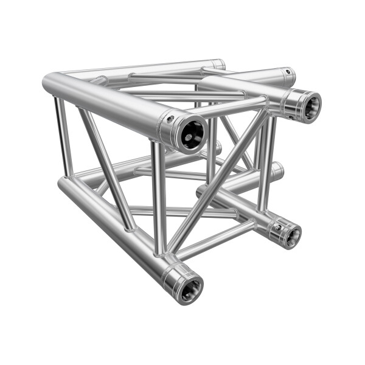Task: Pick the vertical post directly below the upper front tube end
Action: click(x=159, y=195)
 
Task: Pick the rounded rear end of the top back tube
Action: click(x=219, y=63)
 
